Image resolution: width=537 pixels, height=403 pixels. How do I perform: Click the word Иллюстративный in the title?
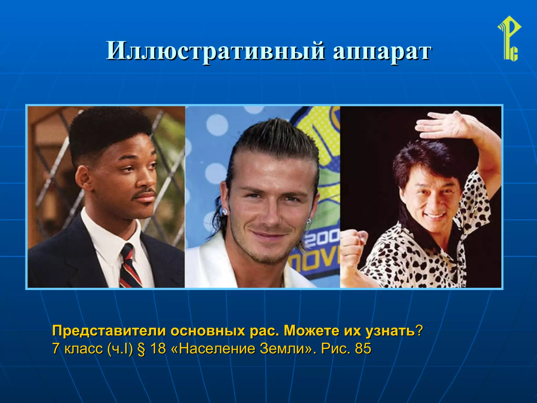pos(215,51)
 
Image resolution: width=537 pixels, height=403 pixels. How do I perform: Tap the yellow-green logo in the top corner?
pos(509,39)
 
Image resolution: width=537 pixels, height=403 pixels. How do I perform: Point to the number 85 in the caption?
pos(363,348)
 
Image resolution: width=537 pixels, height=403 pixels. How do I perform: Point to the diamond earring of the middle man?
pos(225,211)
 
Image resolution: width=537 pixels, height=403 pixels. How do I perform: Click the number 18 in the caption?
pos(158,348)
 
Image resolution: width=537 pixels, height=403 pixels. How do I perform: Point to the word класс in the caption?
pos(83,348)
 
